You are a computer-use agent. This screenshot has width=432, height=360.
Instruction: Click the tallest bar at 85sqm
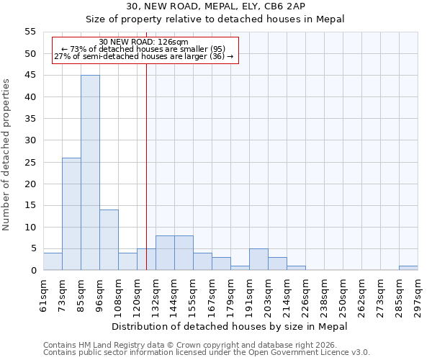90,173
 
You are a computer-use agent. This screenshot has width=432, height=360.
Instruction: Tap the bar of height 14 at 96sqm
109,240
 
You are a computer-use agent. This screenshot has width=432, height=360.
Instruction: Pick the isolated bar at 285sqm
408,268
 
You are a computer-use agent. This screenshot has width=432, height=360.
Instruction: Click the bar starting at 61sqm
53,261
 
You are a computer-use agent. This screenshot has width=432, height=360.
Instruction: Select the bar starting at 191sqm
258,259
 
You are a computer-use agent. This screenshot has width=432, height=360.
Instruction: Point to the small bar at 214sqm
296,268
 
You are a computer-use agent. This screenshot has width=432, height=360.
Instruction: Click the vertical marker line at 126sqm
146,180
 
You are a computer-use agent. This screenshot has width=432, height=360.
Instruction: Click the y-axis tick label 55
30,32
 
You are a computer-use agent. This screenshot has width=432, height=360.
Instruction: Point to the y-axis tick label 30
30,140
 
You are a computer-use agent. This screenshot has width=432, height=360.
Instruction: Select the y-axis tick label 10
30,227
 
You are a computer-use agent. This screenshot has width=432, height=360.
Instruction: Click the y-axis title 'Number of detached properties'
7,155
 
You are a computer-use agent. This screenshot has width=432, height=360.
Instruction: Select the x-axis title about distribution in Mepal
230,326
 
